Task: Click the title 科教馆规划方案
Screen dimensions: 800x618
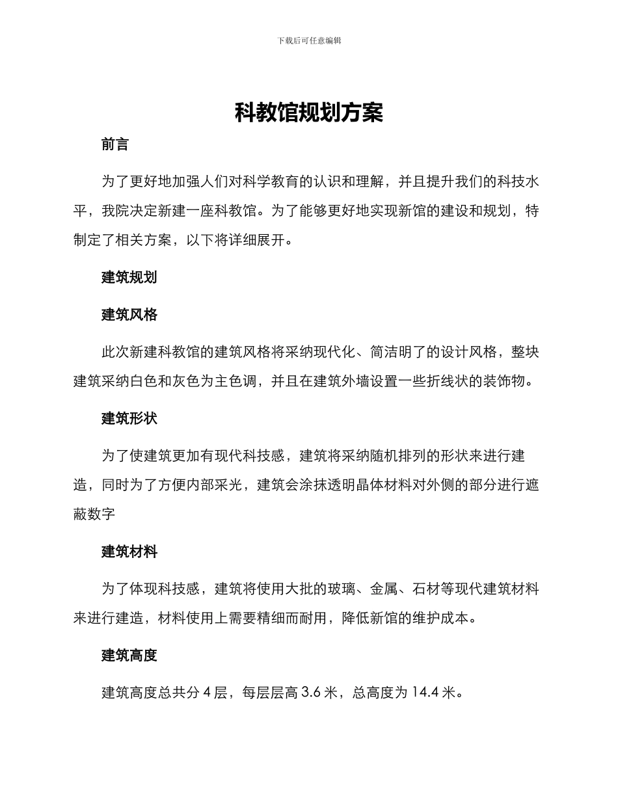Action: (309, 113)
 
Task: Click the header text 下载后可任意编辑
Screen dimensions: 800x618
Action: (309, 40)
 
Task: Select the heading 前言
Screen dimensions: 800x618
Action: (115, 145)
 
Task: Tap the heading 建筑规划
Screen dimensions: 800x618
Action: (129, 278)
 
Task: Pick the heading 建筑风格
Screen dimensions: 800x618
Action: (129, 315)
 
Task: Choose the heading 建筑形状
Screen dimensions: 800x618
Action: (129, 419)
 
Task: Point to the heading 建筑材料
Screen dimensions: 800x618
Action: (129, 552)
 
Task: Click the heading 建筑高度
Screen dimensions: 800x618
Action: (129, 656)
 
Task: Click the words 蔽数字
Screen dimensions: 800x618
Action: (94, 514)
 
